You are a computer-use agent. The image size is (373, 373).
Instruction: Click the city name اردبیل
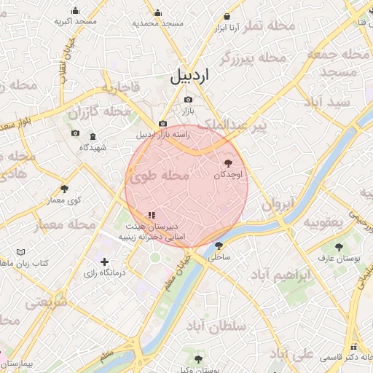189,76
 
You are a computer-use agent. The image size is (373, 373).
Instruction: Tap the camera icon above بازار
189,99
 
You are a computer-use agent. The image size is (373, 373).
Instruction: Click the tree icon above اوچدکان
229,163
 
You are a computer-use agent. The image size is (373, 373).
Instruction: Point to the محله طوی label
160,176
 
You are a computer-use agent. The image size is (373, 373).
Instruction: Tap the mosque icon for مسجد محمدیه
158,12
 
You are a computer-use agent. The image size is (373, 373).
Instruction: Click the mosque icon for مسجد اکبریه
75,10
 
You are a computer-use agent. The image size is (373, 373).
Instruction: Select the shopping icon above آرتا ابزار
227,16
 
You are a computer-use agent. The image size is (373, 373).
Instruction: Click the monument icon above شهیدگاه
93,136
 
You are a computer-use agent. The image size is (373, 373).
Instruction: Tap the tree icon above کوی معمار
64,189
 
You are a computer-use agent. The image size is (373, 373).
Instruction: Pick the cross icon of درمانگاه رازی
104,262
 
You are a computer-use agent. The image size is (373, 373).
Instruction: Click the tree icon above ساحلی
219,246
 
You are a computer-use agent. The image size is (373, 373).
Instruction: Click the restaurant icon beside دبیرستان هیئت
151,215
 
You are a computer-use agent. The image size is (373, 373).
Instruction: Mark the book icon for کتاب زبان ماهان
21,252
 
